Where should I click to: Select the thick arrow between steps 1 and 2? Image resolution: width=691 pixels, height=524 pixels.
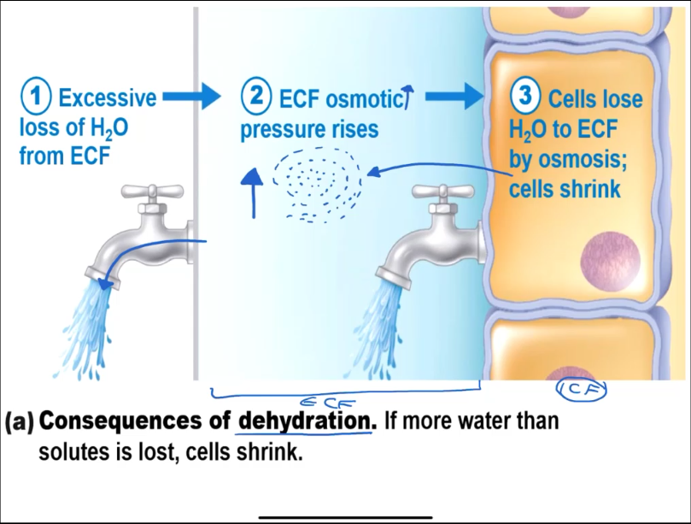tap(190, 97)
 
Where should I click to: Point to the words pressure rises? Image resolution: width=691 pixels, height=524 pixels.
tap(308, 131)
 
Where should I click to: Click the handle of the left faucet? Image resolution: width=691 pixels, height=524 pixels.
tap(153, 191)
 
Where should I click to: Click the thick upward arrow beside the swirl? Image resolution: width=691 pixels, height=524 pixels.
tap(252, 191)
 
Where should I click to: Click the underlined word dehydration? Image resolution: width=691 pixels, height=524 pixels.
tap(305, 421)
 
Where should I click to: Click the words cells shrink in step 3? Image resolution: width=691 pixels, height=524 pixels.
tap(565, 189)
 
